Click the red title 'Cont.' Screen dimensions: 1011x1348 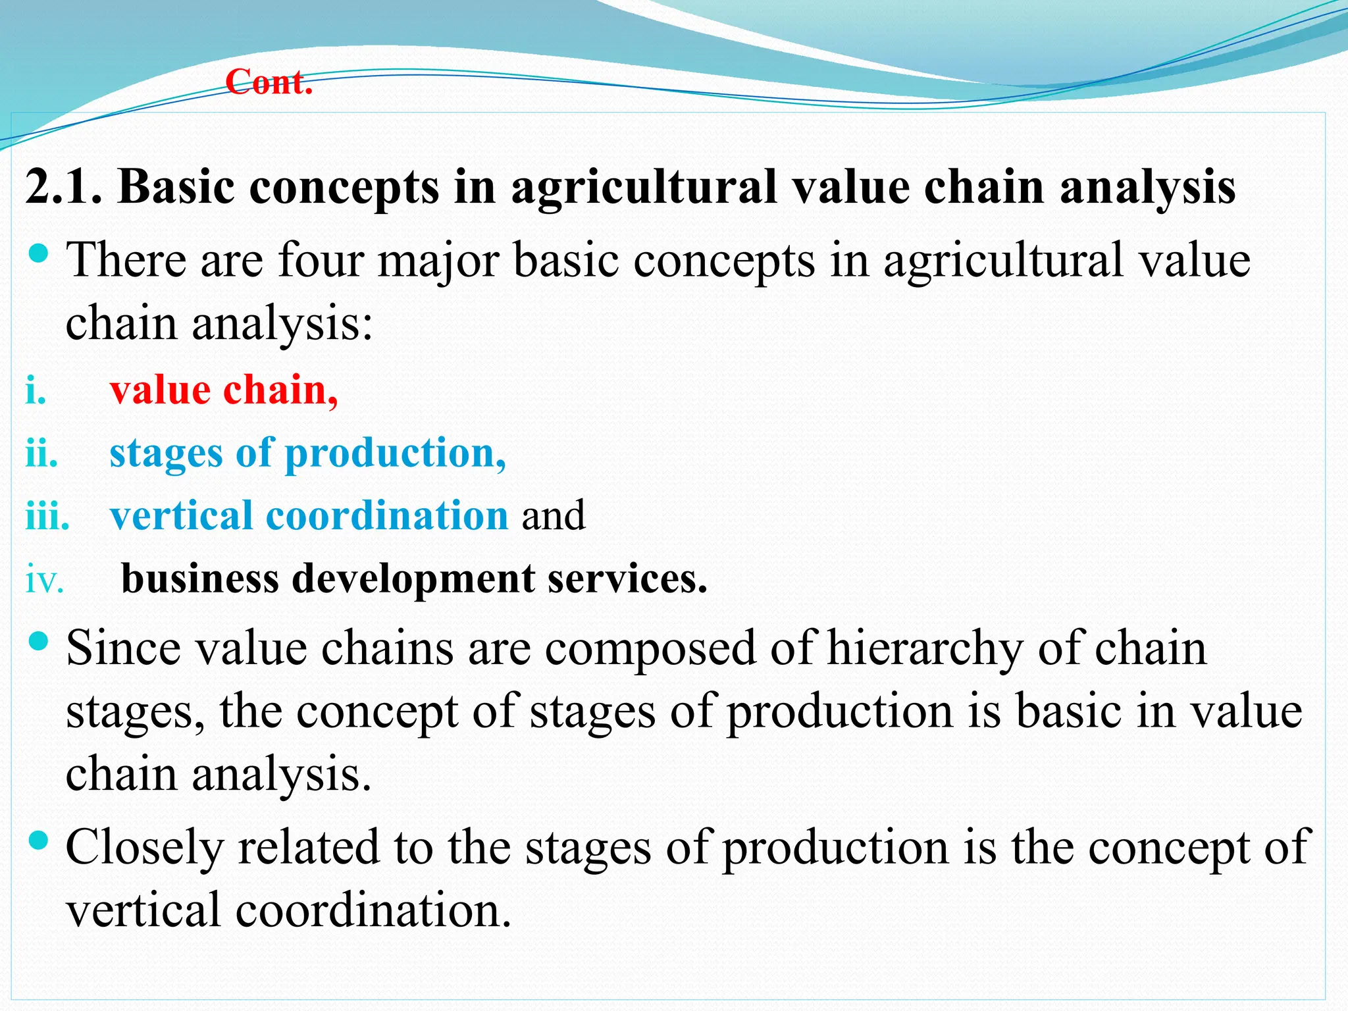click(x=269, y=83)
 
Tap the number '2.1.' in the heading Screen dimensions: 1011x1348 click(x=64, y=188)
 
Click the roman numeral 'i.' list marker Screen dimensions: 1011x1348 click(x=36, y=391)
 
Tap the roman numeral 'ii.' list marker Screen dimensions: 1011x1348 click(x=41, y=454)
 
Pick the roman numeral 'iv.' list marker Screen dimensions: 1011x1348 click(x=45, y=581)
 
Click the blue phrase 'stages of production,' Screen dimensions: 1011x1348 click(x=307, y=454)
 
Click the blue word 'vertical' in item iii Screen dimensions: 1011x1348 click(x=180, y=515)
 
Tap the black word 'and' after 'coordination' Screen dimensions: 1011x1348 click(x=553, y=516)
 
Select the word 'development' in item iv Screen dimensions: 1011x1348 click(x=413, y=579)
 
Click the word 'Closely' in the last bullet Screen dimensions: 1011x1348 click(x=144, y=848)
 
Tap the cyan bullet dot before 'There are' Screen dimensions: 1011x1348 click(x=39, y=253)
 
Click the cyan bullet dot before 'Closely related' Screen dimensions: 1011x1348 click(x=39, y=840)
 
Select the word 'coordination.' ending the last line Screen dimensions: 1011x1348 click(x=373, y=911)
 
